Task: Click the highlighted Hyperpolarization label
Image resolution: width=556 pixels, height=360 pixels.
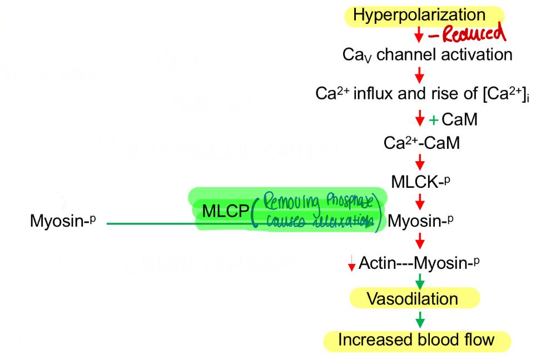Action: pos(419,15)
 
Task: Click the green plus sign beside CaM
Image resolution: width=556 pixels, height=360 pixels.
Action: pos(434,119)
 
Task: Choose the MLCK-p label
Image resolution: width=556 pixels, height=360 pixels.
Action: pos(421,182)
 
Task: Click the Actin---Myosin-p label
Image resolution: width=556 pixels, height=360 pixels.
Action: pos(418,261)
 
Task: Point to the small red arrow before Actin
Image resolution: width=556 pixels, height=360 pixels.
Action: pos(351,265)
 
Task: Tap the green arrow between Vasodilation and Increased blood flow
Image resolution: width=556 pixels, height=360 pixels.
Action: pos(420,319)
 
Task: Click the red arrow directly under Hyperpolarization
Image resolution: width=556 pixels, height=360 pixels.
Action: pos(420,36)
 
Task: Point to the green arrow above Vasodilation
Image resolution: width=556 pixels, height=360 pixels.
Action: pos(420,280)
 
